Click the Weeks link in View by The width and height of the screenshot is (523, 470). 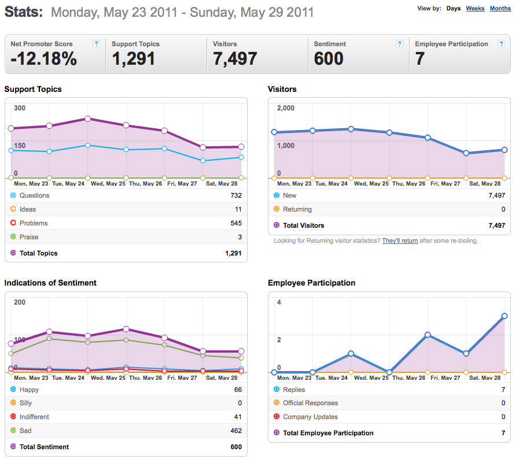coord(475,8)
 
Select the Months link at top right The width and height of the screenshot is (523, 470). coord(500,8)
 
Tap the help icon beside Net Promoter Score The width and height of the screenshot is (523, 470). coord(97,44)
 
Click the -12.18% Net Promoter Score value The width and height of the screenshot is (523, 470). coord(44,58)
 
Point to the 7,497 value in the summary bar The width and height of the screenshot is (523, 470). coord(235,58)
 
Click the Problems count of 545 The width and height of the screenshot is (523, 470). coord(236,223)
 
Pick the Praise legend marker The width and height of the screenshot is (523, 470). coord(13,236)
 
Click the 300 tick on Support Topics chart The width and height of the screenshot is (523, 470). coord(20,108)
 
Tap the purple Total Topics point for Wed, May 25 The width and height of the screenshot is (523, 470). coord(88,119)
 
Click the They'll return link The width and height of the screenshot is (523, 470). coord(400,240)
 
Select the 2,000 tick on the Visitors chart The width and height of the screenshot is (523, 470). coord(286,108)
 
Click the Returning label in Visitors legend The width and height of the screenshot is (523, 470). coord(297,209)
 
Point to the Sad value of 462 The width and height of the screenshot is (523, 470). coord(236,431)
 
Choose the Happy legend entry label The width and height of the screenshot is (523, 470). coord(29,390)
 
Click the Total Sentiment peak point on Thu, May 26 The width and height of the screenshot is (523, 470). coord(126,329)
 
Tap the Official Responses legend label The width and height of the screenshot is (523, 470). coord(311,403)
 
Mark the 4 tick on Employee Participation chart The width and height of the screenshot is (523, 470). coord(279,302)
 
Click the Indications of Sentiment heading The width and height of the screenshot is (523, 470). coord(50,283)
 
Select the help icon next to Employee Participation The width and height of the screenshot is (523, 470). coord(501,44)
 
